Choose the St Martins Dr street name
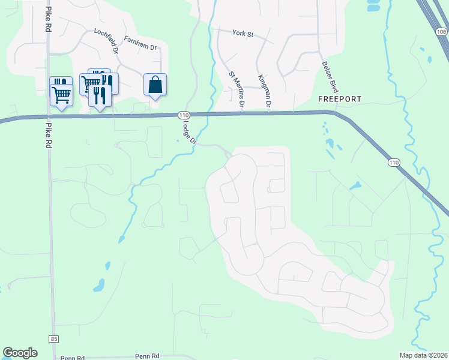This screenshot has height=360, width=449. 235,90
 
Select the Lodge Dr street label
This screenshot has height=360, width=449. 189,131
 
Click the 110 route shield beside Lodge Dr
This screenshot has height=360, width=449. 184,115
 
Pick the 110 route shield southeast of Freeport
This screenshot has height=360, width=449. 394,163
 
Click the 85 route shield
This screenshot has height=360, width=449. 55,339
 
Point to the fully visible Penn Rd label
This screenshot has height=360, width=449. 146,356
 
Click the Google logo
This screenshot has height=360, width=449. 20,353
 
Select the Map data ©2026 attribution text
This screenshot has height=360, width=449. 423,355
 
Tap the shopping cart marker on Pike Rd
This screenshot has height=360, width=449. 61,94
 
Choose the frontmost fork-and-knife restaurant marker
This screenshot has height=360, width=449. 100,95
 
